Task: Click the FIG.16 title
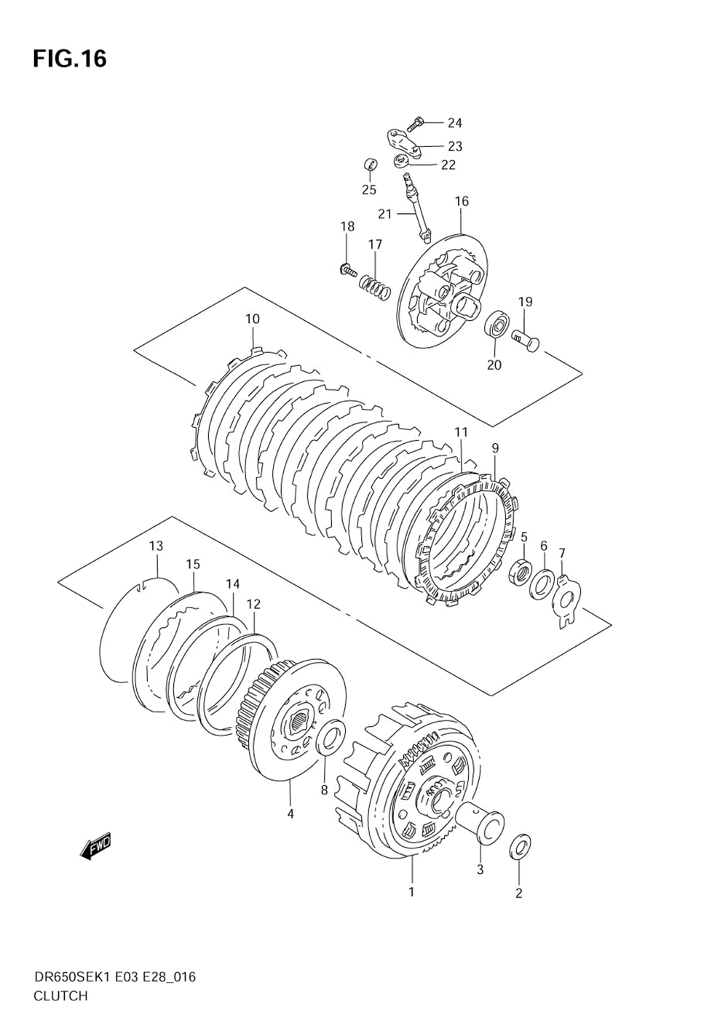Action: click(69, 58)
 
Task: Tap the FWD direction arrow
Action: click(95, 846)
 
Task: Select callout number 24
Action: click(454, 123)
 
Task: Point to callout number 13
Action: click(156, 546)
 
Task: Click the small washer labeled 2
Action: click(521, 845)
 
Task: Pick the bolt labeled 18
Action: click(347, 271)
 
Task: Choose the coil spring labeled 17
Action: click(374, 284)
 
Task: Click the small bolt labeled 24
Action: click(416, 124)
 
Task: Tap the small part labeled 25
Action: click(369, 164)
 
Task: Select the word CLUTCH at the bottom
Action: click(60, 996)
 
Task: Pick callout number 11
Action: click(461, 432)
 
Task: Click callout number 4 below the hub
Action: click(290, 813)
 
